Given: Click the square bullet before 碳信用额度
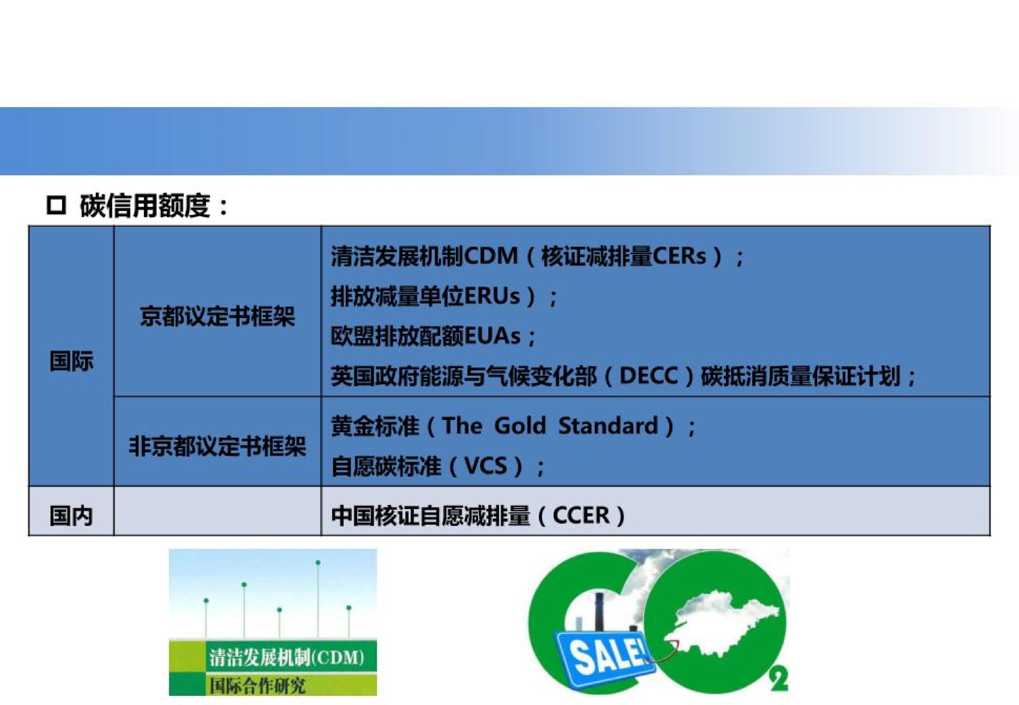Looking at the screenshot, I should pyautogui.click(x=56, y=206).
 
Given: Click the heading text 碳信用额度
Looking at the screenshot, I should pyautogui.click(x=144, y=206).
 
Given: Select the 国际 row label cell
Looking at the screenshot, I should pyautogui.click(x=71, y=361).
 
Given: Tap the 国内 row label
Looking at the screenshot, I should pyautogui.click(x=71, y=515).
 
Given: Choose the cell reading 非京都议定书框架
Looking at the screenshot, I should pyautogui.click(x=217, y=446).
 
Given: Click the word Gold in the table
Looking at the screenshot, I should pyautogui.click(x=520, y=426).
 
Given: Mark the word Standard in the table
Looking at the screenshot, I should pyautogui.click(x=608, y=426).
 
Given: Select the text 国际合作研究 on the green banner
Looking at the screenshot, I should pyautogui.click(x=257, y=686).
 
